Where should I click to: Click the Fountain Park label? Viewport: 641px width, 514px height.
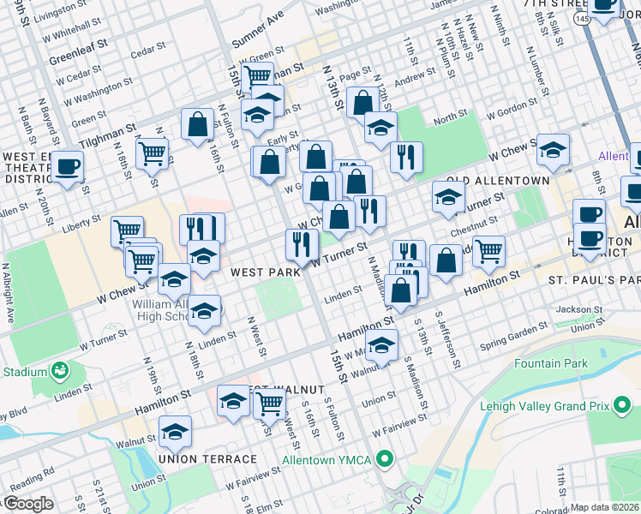pyautogui.click(x=551, y=363)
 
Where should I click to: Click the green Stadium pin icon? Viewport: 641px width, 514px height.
pyautogui.click(x=59, y=371)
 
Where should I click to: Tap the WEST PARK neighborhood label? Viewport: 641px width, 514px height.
pyautogui.click(x=265, y=272)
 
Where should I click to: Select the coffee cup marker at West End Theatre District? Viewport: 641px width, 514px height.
pyautogui.click(x=68, y=167)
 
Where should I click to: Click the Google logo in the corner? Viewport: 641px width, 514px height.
pyautogui.click(x=27, y=504)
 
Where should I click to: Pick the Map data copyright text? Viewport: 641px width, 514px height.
pyautogui.click(x=605, y=507)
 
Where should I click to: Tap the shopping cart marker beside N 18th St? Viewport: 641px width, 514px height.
pyautogui.click(x=153, y=154)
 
